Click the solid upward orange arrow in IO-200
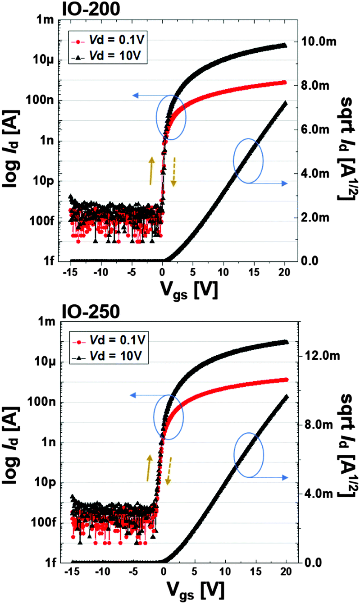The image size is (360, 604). click(152, 170)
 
